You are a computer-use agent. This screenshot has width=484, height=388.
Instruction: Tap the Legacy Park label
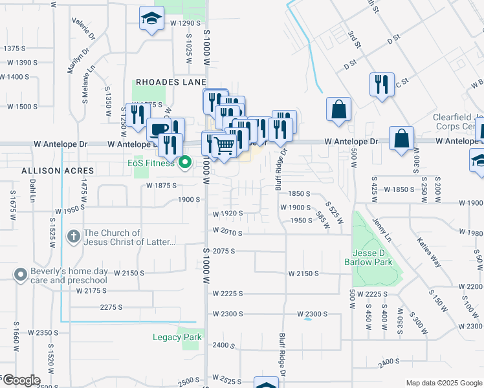tap(177, 337)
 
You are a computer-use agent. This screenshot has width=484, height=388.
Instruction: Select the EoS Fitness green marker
tap(185, 162)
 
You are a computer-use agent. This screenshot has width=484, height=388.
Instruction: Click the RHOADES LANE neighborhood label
tap(170, 82)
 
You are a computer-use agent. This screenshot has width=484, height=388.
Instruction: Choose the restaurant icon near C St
tap(380, 83)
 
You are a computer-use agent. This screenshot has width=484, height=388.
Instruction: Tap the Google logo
tap(21, 380)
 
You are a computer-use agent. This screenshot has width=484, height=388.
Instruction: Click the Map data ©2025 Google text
tap(443, 383)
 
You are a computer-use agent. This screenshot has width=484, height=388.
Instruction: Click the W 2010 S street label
tap(227, 232)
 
